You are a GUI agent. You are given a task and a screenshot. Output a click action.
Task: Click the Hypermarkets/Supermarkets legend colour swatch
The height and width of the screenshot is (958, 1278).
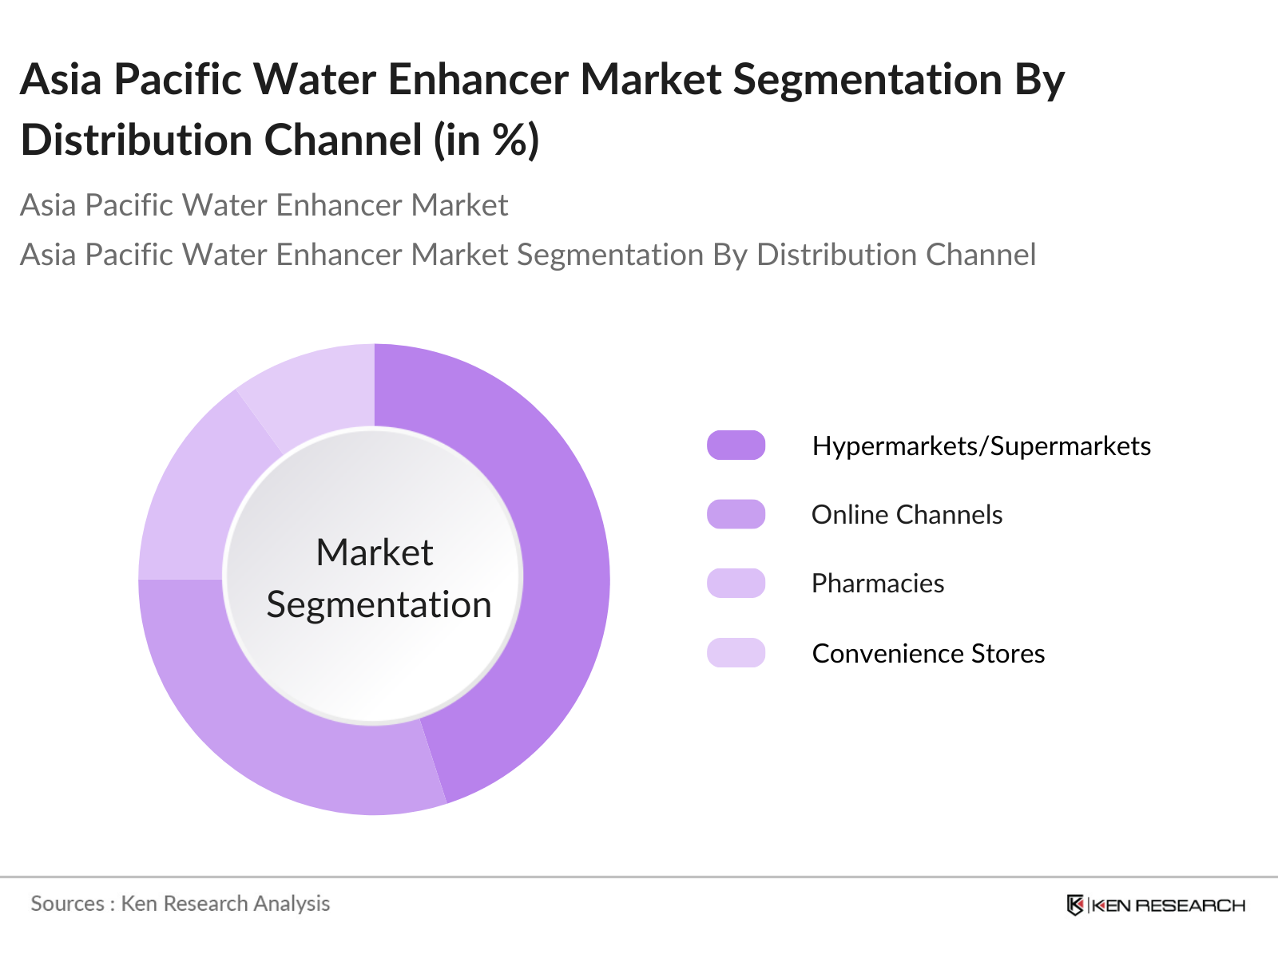[x=736, y=445]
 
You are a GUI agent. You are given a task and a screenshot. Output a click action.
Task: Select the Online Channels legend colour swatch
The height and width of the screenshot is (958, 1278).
[x=736, y=514]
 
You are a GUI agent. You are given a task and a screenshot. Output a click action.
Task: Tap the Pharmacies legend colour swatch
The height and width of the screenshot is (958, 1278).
[x=736, y=584]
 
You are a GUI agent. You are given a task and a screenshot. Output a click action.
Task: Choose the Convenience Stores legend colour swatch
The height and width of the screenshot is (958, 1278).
[x=736, y=652]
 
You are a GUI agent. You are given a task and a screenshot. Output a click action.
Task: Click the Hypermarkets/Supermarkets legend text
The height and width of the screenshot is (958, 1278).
[x=981, y=447]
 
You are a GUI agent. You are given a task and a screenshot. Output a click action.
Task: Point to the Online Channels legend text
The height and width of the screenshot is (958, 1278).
[x=907, y=515]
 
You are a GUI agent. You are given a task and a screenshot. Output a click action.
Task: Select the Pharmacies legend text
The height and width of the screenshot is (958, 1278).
[x=878, y=584]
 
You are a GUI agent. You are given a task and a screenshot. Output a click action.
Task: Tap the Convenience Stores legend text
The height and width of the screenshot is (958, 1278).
[x=929, y=653]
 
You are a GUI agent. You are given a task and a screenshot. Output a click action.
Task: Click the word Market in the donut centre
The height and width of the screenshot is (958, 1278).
[x=375, y=552]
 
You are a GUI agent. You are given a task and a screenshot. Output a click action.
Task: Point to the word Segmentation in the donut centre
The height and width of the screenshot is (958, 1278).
[x=379, y=605]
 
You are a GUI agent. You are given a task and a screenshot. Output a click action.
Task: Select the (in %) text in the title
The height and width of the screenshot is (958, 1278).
[x=486, y=141]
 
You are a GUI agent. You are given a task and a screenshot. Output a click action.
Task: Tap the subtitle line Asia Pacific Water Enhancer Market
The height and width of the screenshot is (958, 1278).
[x=264, y=204]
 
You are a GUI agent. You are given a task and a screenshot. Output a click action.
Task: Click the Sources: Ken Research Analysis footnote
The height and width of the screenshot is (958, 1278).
[x=180, y=904]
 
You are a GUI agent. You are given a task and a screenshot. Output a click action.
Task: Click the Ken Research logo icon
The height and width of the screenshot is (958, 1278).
[x=1075, y=905]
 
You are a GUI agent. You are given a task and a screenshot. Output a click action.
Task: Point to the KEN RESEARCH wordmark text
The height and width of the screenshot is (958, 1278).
[x=1169, y=905]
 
